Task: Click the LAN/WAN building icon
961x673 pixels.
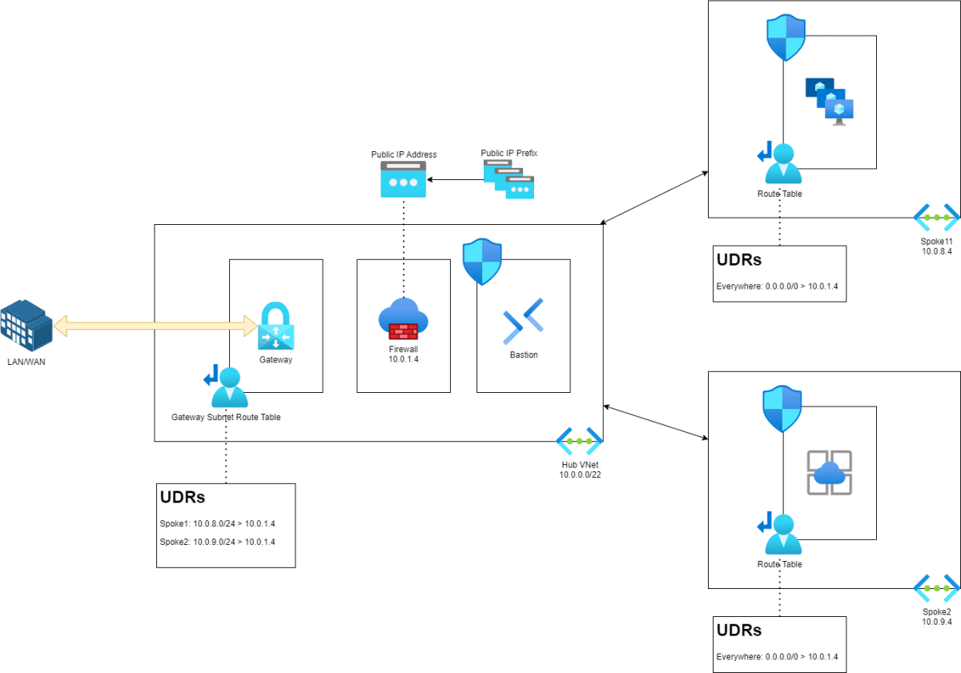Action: coord(26,324)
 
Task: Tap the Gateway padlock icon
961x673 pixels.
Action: coord(276,326)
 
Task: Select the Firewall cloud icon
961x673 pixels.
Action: coord(403,318)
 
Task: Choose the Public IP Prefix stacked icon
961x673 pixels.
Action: coord(509,179)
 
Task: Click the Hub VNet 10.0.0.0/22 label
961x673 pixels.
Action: coord(579,470)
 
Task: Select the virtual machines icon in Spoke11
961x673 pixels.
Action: coord(830,101)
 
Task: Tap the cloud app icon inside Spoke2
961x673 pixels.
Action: coord(829,473)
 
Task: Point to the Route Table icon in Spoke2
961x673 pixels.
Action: coord(780,534)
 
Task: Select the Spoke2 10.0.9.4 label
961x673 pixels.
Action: coord(937,616)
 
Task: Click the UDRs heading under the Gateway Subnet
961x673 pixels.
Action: coord(183,497)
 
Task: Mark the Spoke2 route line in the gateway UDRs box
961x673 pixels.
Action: coord(218,542)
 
